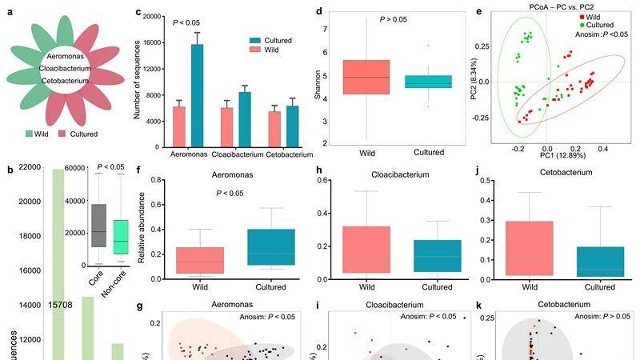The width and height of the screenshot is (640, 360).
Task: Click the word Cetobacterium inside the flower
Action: coord(65,81)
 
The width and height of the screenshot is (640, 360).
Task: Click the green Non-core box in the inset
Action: coord(121,237)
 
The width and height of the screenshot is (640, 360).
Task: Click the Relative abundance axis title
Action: coord(142,234)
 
